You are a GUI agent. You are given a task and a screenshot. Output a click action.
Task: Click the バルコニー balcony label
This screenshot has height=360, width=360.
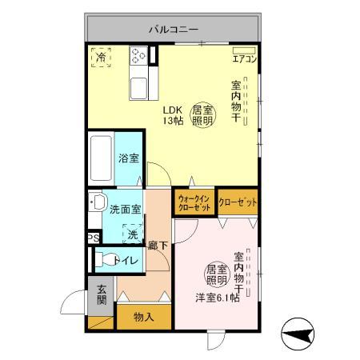172,30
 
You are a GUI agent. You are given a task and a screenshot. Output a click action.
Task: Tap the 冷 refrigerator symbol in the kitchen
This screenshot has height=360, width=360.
101,58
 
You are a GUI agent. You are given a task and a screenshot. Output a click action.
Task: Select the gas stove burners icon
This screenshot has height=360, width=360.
138,56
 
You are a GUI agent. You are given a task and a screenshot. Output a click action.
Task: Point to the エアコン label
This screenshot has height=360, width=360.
243,58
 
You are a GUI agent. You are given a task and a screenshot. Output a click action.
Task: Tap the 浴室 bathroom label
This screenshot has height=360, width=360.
127,158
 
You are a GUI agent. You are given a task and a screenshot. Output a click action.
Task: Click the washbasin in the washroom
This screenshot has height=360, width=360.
97,202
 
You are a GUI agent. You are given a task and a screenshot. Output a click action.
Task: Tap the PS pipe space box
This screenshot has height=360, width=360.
94,238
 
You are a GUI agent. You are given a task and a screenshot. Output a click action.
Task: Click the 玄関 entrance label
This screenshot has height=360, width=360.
102,294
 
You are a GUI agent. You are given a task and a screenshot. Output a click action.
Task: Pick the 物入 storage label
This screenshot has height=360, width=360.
144,317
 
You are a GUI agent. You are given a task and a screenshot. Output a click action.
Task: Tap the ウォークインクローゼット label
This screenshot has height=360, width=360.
194,202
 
